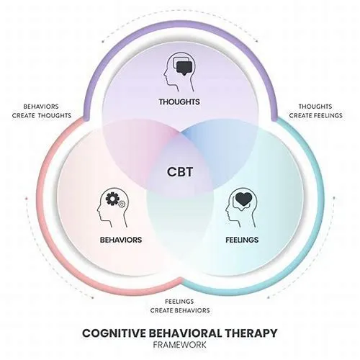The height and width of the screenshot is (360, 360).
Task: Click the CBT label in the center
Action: (180, 172)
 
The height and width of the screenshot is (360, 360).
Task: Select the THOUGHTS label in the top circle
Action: (179, 102)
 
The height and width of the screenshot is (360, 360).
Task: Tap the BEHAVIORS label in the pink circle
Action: (121, 240)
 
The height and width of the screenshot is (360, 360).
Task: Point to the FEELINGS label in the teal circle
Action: (242, 240)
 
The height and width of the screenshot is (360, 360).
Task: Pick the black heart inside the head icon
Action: (243, 199)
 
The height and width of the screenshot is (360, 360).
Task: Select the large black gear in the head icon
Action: (112, 199)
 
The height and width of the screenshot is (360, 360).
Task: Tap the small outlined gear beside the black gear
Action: (122, 204)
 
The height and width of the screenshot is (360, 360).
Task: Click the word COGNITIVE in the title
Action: (114, 333)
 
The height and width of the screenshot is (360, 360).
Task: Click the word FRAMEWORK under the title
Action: (179, 345)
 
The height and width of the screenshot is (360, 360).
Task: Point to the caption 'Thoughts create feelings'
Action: (315, 111)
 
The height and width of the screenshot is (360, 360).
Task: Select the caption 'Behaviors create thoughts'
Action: (42, 111)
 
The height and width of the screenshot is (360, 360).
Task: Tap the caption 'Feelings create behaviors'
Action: (180, 306)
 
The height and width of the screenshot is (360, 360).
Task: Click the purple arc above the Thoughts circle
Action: (180, 23)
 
